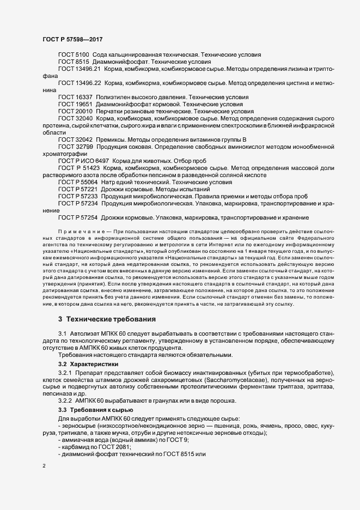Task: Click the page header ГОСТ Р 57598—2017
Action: coord(71,40)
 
